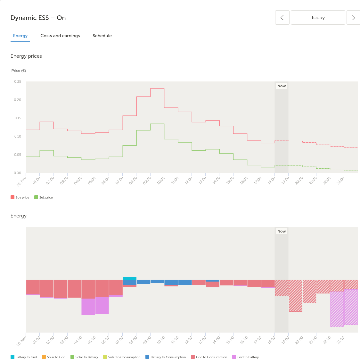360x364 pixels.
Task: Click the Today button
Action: (318, 17)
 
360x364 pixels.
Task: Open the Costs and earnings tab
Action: (60, 36)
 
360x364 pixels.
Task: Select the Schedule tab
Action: (102, 36)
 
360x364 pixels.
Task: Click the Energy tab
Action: (20, 36)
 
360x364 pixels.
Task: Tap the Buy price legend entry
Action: (20, 197)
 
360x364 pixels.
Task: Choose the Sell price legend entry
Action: (44, 197)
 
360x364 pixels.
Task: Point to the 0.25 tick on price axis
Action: (18, 81)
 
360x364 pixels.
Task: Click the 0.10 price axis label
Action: (18, 136)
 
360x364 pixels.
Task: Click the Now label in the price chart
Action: (282, 86)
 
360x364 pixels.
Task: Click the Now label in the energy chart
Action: (282, 231)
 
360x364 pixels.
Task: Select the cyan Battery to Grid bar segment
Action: (130, 279)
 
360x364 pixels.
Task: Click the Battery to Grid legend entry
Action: (24, 357)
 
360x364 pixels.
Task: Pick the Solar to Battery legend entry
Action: (84, 357)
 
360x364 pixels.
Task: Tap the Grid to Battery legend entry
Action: (245, 357)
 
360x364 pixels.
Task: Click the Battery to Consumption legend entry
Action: (166, 357)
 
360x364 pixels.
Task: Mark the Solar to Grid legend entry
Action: (53, 357)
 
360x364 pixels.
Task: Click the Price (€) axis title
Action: (19, 71)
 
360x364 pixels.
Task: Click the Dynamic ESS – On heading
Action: (38, 18)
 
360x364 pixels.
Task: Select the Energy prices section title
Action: (26, 56)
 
